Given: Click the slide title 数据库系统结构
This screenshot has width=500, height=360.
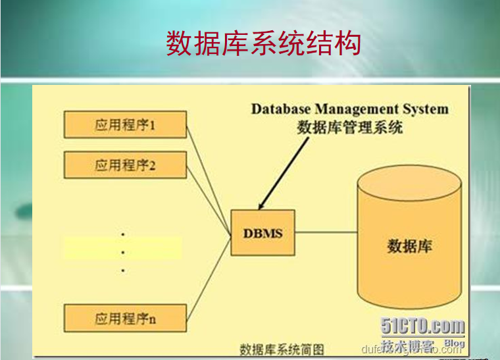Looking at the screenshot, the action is pyautogui.click(x=263, y=43).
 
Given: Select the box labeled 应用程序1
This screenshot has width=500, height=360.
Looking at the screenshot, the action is pyautogui.click(x=125, y=124).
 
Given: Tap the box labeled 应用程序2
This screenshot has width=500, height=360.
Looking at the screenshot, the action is pyautogui.click(x=125, y=165).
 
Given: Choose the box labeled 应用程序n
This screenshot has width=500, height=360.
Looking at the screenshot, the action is pyautogui.click(x=125, y=319).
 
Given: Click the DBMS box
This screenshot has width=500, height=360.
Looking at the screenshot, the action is pyautogui.click(x=262, y=233).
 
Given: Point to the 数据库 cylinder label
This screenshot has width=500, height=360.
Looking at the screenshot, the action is pyautogui.click(x=409, y=246).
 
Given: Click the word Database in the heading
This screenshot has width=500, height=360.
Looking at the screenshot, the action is pyautogui.click(x=280, y=109).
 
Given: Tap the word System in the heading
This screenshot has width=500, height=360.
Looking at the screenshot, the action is pyautogui.click(x=428, y=109).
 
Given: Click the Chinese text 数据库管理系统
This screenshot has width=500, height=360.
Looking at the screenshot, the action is pyautogui.click(x=349, y=127).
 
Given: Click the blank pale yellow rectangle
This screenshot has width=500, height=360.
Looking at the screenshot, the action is pyautogui.click(x=122, y=248).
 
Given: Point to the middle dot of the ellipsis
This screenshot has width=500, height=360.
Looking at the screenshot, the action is pyautogui.click(x=123, y=252).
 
